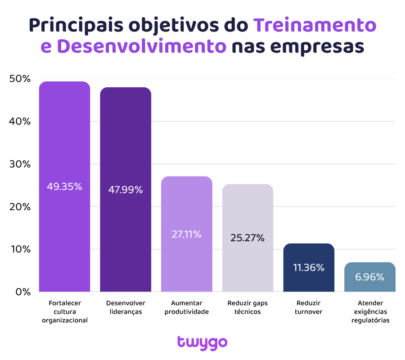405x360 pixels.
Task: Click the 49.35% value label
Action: [x=64, y=186]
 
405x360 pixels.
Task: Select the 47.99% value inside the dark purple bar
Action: [x=125, y=189]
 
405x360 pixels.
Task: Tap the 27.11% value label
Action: [x=186, y=234]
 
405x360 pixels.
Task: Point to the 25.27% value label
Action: [x=247, y=238]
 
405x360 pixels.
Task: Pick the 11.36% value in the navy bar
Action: [x=309, y=267]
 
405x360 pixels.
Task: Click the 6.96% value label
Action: [x=370, y=277]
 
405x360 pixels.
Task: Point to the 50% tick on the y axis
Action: [x=20, y=79]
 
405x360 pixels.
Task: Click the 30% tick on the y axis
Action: [x=20, y=164]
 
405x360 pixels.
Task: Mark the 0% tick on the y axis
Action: [x=22, y=292]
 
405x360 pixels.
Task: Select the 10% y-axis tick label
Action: [x=20, y=249]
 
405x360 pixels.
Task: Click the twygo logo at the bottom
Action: [x=202, y=342]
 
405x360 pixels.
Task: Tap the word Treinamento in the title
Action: [x=315, y=25]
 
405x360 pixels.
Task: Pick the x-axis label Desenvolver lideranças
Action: [x=126, y=307]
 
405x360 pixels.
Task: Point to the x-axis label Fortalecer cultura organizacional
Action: [x=64, y=311]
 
